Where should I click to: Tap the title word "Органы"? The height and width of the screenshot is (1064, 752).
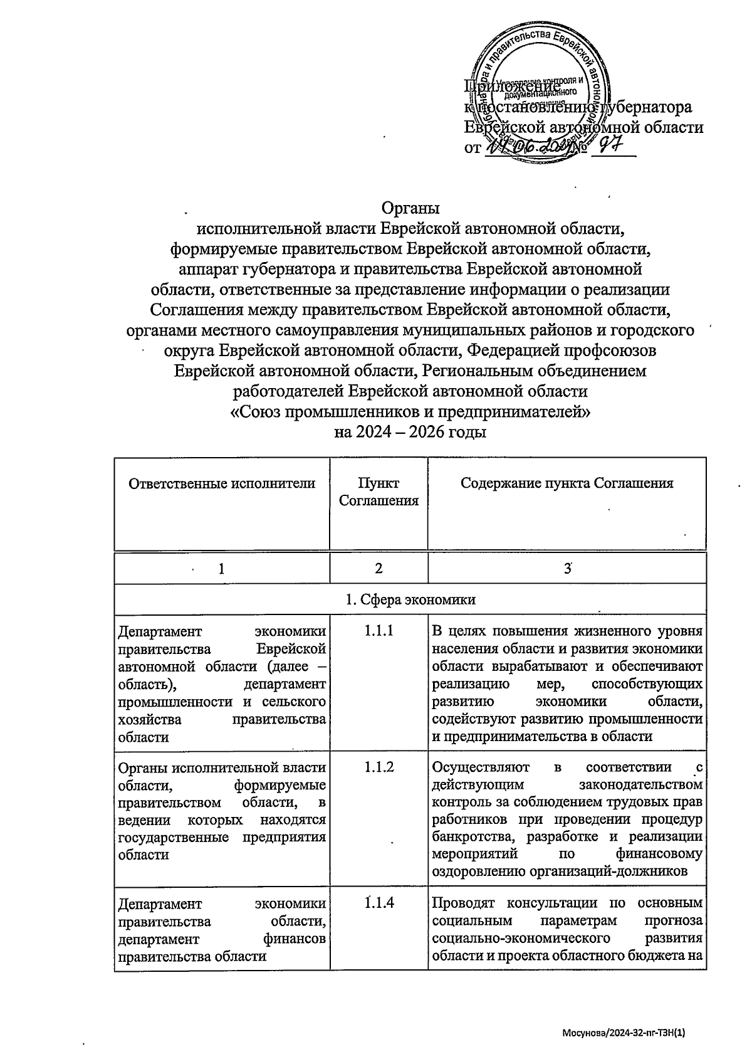410,208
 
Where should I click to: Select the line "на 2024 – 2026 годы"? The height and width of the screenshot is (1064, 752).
410,432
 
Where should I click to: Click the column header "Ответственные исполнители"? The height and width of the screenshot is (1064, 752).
222,483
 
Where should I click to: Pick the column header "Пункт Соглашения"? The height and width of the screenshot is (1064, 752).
379,492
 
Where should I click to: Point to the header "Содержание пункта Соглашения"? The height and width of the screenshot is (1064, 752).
567,483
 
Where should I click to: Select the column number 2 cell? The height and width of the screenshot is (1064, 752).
379,568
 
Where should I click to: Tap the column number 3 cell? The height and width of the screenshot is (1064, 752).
567,568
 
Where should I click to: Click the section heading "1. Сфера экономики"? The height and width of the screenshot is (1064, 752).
410,599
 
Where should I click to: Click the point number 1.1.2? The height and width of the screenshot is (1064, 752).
379,767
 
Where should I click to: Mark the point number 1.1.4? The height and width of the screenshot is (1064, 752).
379,903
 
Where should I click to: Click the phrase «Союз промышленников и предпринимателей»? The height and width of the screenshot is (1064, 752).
410,412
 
